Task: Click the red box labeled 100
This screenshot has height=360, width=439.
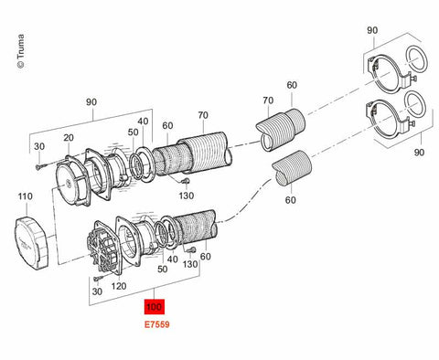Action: coord(155,307)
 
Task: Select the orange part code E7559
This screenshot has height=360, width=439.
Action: coord(156,324)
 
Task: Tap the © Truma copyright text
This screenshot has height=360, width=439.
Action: coord(21,51)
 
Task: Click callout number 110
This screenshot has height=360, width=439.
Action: coord(25,196)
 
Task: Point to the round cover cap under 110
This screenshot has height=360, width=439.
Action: coord(31,243)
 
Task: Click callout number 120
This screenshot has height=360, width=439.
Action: coord(119,286)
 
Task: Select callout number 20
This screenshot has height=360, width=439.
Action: coord(69,138)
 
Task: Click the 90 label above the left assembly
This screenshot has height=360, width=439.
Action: coord(91,102)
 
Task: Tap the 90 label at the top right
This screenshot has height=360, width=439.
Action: coord(372,30)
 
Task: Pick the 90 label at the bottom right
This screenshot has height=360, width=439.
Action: coord(419,153)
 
